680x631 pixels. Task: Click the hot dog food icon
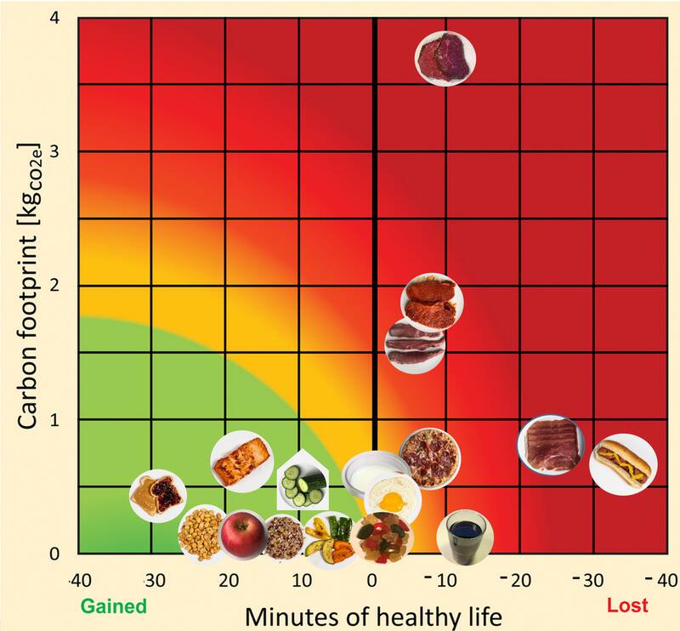[x=623, y=465]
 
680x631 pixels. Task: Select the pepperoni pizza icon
[x=429, y=458]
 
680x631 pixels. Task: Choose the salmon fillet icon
[x=241, y=461]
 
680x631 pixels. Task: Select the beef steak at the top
[x=445, y=58]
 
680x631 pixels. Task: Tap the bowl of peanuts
[x=201, y=533]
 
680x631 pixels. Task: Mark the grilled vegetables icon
[x=327, y=541]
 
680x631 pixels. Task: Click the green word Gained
[x=113, y=605]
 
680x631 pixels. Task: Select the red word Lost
[x=627, y=605]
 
